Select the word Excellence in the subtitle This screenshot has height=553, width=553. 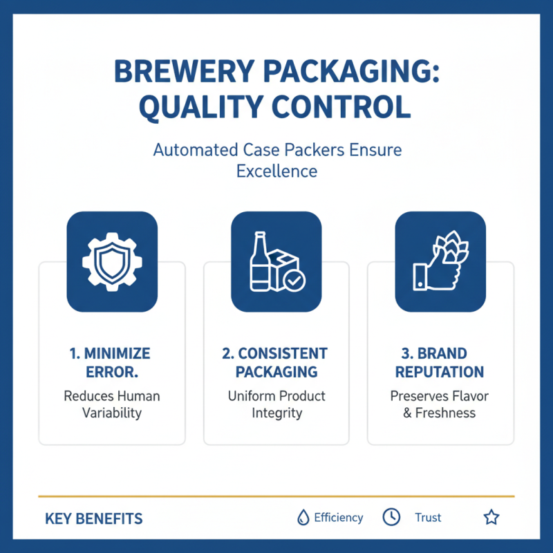(x=276, y=171)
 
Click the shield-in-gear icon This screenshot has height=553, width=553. (x=112, y=261)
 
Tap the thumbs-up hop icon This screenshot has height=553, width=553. (x=440, y=261)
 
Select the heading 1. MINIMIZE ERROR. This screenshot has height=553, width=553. (x=111, y=362)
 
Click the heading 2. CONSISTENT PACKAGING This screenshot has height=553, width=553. (x=276, y=362)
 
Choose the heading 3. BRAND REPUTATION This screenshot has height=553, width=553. (x=440, y=362)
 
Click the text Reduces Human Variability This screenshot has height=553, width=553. (x=112, y=404)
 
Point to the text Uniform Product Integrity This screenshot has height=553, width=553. (x=276, y=404)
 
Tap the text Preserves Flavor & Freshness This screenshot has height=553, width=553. (x=440, y=404)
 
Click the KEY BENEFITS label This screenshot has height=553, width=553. (x=94, y=518)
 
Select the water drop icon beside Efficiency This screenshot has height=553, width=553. (x=302, y=517)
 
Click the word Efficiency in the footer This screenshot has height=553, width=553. (x=338, y=517)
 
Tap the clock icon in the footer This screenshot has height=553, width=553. (x=391, y=517)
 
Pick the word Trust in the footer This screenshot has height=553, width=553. (x=428, y=517)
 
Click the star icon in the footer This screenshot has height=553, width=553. (x=491, y=517)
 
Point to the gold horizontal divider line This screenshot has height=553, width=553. (x=276, y=496)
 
